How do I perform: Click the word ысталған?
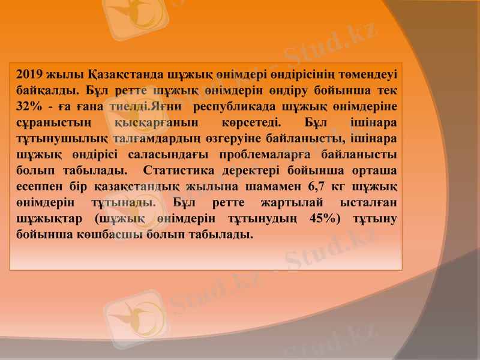(371, 204)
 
